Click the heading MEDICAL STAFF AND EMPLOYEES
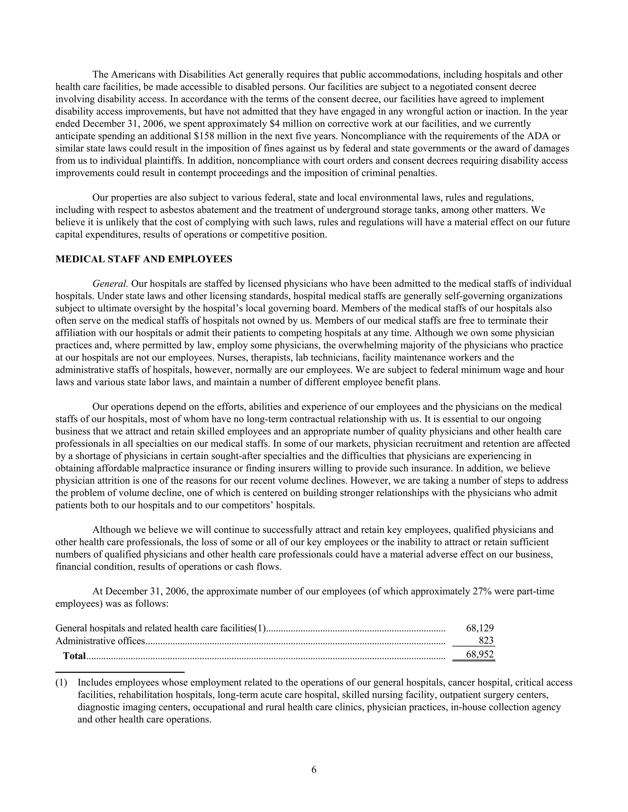coord(144,259)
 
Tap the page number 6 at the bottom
coord(314,770)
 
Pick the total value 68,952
coord(480,655)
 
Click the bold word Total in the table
coord(75,655)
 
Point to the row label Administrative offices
coord(100,641)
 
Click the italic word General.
coord(110,284)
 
